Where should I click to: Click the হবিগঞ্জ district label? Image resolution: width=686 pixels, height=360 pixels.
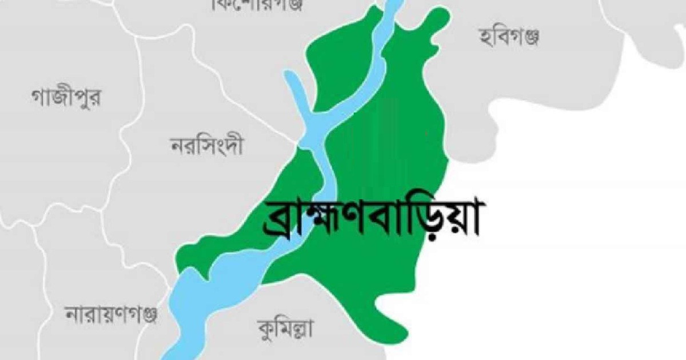tap(509, 38)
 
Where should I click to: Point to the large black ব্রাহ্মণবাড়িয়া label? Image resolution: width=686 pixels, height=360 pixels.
tap(370, 219)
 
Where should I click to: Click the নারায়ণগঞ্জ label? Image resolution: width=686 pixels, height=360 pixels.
tap(111, 314)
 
